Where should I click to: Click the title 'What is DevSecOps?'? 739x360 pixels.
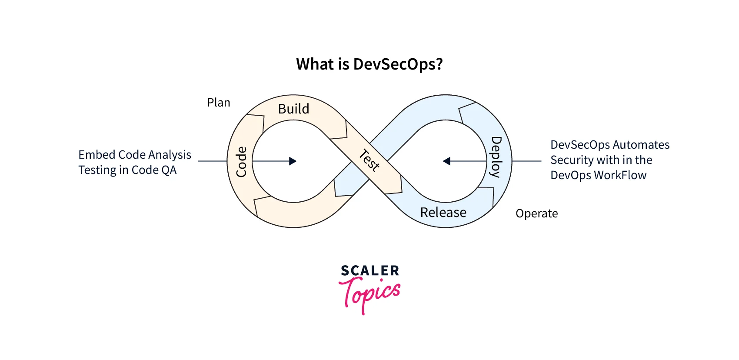(369, 64)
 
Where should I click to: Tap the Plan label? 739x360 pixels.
(218, 103)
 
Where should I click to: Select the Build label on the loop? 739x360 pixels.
(293, 109)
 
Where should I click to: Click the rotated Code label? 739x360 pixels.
(241, 162)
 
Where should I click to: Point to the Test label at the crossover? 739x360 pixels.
(369, 160)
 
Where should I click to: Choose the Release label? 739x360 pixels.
(443, 212)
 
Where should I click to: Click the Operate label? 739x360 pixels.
(536, 213)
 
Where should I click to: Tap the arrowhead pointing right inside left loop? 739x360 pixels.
(293, 161)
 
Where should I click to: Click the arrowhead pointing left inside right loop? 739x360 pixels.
(446, 161)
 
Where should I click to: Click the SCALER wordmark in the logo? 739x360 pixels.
(369, 271)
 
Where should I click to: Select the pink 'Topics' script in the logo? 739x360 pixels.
(370, 294)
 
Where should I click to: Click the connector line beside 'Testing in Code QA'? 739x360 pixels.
(213, 161)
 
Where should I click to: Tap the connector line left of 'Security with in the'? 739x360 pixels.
(527, 161)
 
